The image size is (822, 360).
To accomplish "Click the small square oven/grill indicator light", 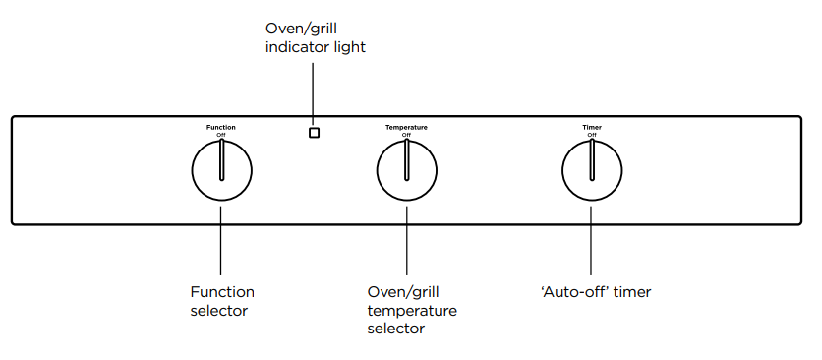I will pyautogui.click(x=314, y=133).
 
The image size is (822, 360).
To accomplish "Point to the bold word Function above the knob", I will pyautogui.click(x=220, y=127).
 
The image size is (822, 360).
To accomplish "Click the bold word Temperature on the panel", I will pyautogui.click(x=406, y=127).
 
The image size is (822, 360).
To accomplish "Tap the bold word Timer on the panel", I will pyautogui.click(x=591, y=127).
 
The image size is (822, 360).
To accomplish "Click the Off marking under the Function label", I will pyautogui.click(x=220, y=135).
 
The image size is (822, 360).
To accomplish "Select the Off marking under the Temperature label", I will pyautogui.click(x=406, y=135).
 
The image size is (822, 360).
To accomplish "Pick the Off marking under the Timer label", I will pyautogui.click(x=591, y=135).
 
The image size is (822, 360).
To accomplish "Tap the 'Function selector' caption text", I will pyautogui.click(x=221, y=301).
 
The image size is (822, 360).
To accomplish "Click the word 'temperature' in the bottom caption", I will pyautogui.click(x=411, y=311).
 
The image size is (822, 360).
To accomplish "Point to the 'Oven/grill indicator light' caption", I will pyautogui.click(x=315, y=38).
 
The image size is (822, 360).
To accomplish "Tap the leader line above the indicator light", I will pyautogui.click(x=314, y=93).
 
